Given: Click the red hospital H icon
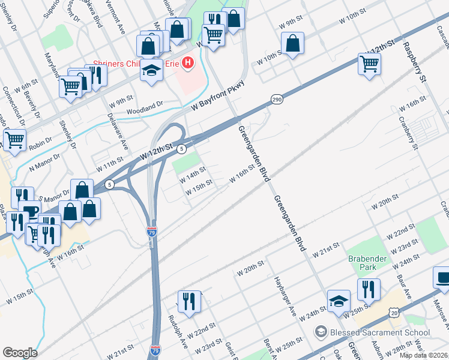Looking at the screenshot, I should click(x=188, y=62).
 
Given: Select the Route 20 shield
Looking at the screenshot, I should click(x=394, y=313).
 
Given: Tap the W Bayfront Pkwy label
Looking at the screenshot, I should click(x=219, y=96).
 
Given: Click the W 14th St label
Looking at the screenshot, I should click(x=193, y=175).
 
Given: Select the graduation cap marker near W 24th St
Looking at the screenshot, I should click(x=339, y=301).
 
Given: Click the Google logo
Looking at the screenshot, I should click(x=20, y=353).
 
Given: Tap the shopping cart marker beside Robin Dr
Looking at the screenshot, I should click(x=14, y=140).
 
